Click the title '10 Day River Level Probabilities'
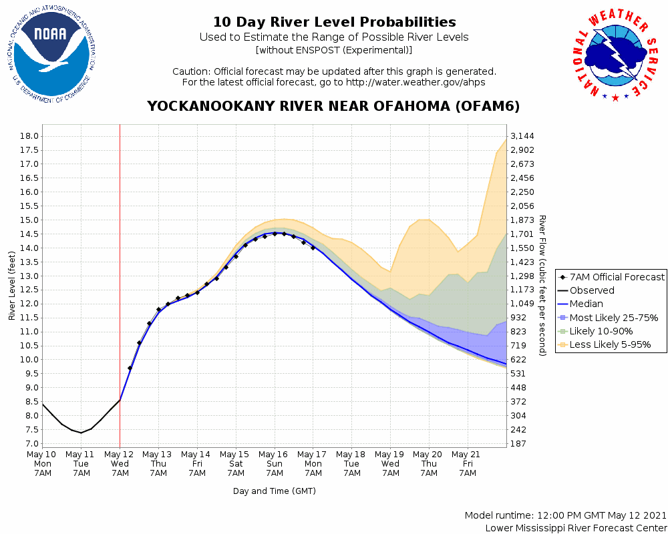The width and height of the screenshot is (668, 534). coord(334,22)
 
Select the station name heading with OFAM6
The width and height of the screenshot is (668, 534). coord(333,107)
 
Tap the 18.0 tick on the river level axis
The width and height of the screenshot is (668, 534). coord(27,136)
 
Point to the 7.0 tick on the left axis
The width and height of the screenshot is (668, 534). coord(30,444)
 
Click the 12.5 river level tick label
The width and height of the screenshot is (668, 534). coord(27,290)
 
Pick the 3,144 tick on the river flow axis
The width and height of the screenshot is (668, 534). coord(522,136)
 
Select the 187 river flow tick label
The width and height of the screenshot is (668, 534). coord(518,444)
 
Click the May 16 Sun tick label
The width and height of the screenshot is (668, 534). coord(275,463)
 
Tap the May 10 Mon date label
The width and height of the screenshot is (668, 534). coord(43,463)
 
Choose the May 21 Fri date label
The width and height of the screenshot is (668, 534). coord(468,463)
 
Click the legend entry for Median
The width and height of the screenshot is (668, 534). coord(587,304)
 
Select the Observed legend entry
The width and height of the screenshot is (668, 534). coord(592,290)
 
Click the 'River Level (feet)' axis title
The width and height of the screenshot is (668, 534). coord(12,286)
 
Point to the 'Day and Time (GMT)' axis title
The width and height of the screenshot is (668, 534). coord(275,491)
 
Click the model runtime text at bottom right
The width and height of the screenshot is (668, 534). coord(566,516)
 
